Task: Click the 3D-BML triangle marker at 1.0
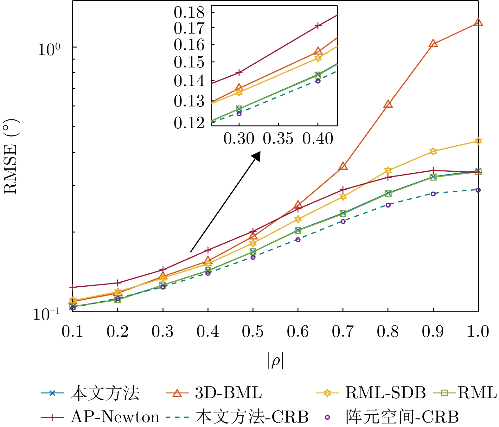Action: pyautogui.click(x=478, y=22)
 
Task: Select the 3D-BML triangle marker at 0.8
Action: pyautogui.click(x=388, y=105)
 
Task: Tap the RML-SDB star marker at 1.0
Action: pyautogui.click(x=478, y=141)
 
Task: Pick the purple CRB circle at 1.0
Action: pyautogui.click(x=478, y=190)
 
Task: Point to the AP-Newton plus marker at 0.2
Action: pyautogui.click(x=118, y=283)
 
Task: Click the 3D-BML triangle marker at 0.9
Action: pyautogui.click(x=433, y=44)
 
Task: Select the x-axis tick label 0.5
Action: pyautogui.click(x=253, y=332)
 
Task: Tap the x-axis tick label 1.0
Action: pyautogui.click(x=478, y=332)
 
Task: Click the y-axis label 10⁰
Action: pyautogui.click(x=48, y=49)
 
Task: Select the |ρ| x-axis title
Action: pyautogui.click(x=275, y=361)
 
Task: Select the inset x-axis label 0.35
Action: pyautogui.click(x=278, y=138)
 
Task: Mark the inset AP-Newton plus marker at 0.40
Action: pyautogui.click(x=318, y=26)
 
